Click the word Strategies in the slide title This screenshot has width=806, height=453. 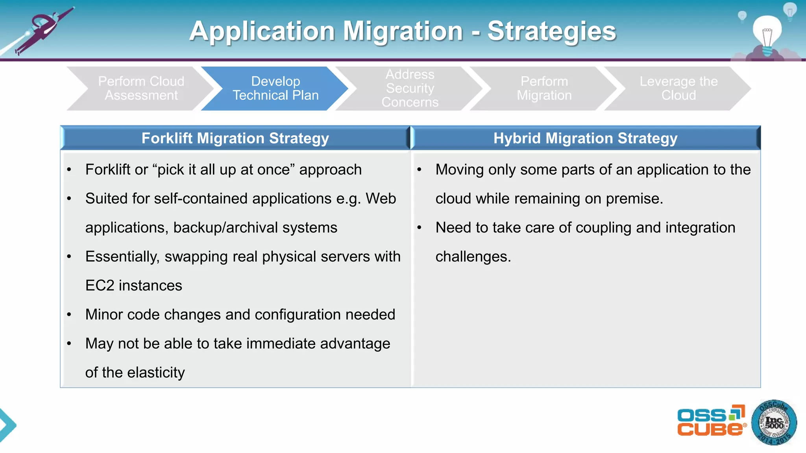pos(551,31)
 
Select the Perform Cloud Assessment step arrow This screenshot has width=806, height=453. pos(141,88)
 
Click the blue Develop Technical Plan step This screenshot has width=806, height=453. pos(275,88)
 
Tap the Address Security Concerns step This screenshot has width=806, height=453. pos(410,88)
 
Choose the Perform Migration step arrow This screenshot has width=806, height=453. pos(544,88)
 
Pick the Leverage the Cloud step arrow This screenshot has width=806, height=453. pos(678,88)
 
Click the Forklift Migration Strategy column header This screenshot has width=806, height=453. pos(235,138)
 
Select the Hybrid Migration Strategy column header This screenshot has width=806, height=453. pos(585,138)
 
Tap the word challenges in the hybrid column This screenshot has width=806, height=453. pos(473,257)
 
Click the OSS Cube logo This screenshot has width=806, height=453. pos(711,421)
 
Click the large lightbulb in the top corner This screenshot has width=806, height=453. pos(767,33)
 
